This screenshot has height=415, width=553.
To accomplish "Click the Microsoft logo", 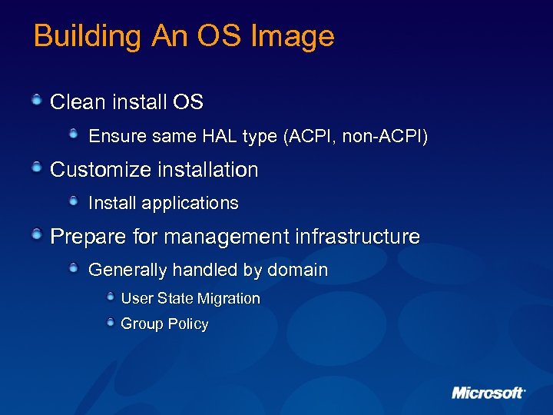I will (488, 393).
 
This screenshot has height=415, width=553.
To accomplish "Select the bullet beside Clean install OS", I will (37, 99).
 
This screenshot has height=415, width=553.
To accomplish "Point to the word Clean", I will (78, 102).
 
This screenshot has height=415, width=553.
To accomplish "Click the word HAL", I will (220, 137).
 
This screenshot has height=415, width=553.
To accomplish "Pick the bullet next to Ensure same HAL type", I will (73, 134).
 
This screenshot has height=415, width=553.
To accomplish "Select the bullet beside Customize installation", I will (37, 167).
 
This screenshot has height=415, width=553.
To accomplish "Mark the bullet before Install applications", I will (73, 201).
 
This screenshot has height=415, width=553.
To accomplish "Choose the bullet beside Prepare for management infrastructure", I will (37, 234).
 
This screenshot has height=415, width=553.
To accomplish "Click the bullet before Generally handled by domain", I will (73, 268).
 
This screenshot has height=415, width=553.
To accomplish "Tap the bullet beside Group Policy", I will (111, 322).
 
